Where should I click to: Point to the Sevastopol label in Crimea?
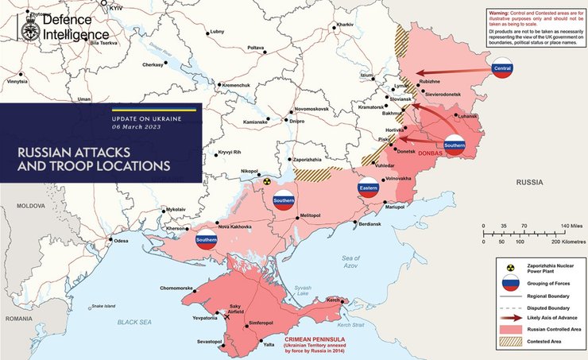click(x=209, y=341)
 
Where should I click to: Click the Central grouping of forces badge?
click(x=502, y=68)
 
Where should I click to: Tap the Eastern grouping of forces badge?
click(x=368, y=189)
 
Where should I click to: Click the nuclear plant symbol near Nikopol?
click(x=267, y=180)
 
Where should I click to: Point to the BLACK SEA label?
click(x=133, y=322)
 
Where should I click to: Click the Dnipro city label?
click(x=296, y=121)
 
